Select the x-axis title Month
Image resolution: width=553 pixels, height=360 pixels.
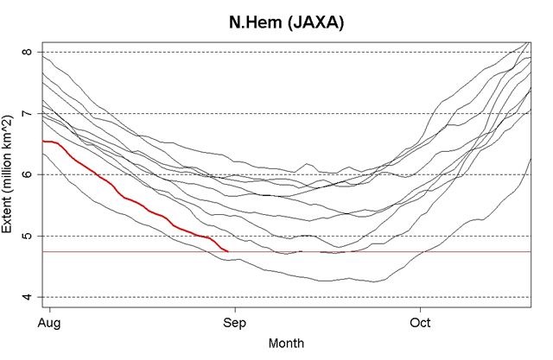pos(286,343)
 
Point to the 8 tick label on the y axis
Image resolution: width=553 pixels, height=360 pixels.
pos(29,52)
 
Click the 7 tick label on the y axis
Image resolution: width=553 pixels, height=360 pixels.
pos(29,113)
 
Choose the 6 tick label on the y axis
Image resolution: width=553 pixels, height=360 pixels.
pos(29,174)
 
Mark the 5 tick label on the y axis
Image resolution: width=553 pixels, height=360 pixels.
pos(29,236)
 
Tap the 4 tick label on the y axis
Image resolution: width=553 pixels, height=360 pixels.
pos(29,297)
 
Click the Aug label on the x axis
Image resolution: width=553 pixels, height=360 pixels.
pos(50,324)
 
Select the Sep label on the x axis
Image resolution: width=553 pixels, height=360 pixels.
pos(235,324)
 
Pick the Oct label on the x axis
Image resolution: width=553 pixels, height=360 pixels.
pos(420,324)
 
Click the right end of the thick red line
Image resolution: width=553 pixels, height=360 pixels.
pos(227,250)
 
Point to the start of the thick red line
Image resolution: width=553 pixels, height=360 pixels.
pos(42,141)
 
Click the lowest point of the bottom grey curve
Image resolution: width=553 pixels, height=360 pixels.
pos(372,281)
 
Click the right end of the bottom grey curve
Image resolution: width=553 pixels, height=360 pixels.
pos(531,158)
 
